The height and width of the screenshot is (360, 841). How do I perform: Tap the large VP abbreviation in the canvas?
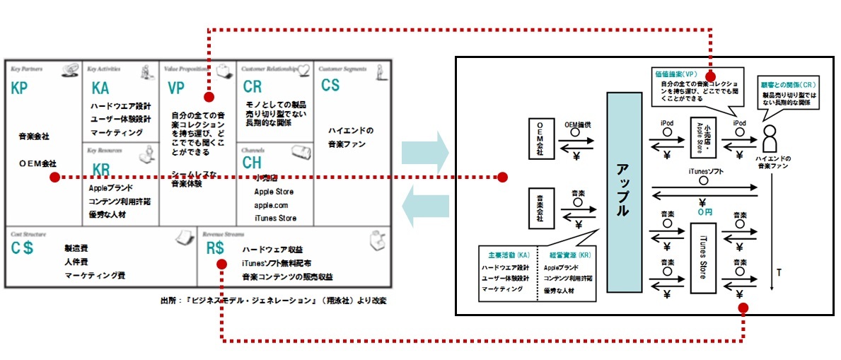(176, 88)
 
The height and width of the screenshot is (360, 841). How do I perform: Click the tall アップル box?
(624, 192)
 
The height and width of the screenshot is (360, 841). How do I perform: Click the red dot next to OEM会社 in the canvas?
(54, 177)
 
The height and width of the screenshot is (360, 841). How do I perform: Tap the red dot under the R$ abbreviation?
(221, 265)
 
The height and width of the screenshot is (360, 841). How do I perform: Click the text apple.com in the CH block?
(272, 205)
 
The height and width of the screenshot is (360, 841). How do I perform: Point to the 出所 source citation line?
(274, 300)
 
